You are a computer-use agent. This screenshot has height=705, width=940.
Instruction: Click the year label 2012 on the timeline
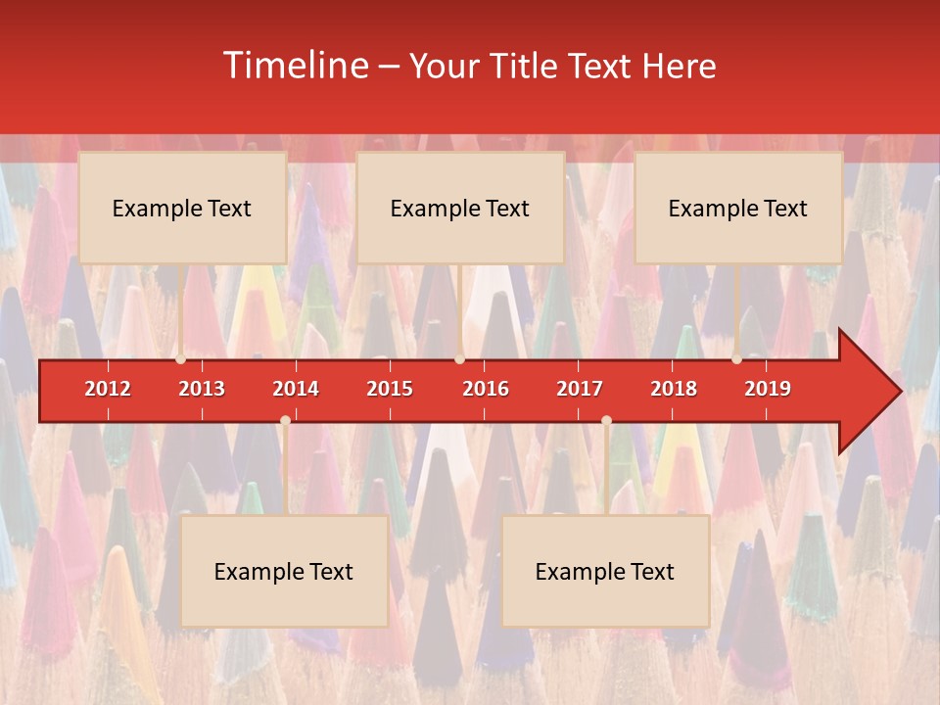pyautogui.click(x=108, y=389)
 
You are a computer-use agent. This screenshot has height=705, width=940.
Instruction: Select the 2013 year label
pyautogui.click(x=202, y=389)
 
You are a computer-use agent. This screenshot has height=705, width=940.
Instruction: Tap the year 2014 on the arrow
pyautogui.click(x=296, y=389)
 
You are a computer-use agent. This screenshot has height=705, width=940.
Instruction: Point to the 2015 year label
pyautogui.click(x=390, y=389)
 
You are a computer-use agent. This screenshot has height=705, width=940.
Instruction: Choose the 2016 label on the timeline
pyautogui.click(x=486, y=389)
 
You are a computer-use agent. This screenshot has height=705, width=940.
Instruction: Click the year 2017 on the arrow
pyautogui.click(x=580, y=389)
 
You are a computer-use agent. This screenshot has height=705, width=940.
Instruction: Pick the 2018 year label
pyautogui.click(x=674, y=389)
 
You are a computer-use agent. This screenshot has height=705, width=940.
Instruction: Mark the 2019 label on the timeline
pyautogui.click(x=768, y=389)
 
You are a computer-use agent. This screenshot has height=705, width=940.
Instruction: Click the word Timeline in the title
pyautogui.click(x=295, y=66)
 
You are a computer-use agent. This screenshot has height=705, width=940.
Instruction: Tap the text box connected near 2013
pyautogui.click(x=182, y=208)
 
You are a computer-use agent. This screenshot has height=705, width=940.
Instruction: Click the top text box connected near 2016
pyautogui.click(x=460, y=208)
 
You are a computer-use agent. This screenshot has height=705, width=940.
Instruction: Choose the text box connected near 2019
pyautogui.click(x=738, y=208)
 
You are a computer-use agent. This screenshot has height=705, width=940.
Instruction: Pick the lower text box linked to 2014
pyautogui.click(x=284, y=572)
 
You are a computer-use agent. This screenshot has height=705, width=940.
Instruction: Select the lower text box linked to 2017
pyautogui.click(x=605, y=572)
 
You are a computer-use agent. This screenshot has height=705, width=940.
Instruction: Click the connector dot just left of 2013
pyautogui.click(x=180, y=359)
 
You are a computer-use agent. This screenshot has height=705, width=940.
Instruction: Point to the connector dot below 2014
pyautogui.click(x=285, y=420)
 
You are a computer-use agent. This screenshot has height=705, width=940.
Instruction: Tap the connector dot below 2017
pyautogui.click(x=606, y=420)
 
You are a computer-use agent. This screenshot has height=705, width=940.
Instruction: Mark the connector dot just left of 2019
pyautogui.click(x=736, y=359)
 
